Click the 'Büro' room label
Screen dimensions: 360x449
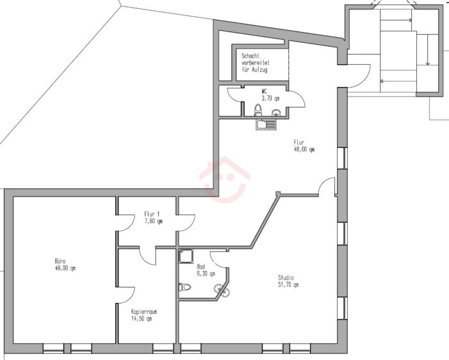pos(60,261)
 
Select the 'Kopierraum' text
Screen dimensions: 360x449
pos(144,312)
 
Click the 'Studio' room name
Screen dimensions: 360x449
pos(286,277)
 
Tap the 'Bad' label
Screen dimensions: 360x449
pos(200,266)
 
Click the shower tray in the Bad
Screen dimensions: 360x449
pos(187,257)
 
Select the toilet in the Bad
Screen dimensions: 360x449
pos(186,287)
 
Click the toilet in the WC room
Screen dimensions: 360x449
pos(257,111)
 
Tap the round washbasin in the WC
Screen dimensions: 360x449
pos(276,113)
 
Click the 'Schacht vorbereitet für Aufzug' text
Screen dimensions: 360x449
pos(254,63)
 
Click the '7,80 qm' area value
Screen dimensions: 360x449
pos(153,222)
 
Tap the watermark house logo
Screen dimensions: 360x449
pos(225,177)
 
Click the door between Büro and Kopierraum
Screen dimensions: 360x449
pos(125,297)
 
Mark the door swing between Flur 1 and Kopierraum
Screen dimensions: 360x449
pos(149,256)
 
